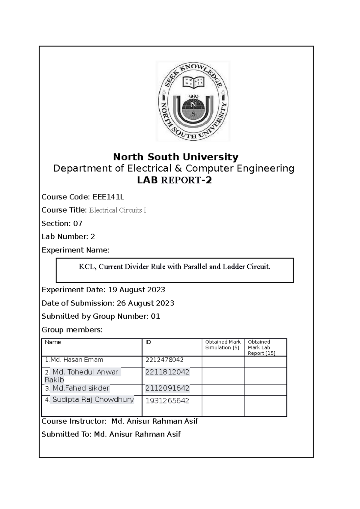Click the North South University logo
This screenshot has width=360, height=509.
pos(193,101)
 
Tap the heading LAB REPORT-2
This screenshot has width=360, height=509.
pos(174,180)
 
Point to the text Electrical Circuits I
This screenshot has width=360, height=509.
pos(118,210)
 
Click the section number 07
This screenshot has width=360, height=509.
pos(78,223)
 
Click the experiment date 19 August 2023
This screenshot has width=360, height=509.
pos(136,290)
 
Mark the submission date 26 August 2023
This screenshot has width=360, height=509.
pos(145,303)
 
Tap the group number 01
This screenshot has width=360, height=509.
pos(155,316)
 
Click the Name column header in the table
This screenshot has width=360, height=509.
pos(53,342)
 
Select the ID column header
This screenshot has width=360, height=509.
pos(148,342)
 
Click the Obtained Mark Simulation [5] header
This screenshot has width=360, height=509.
pos(223,345)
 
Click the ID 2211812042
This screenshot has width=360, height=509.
pos(167,372)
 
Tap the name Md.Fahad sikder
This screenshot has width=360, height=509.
pos(81,388)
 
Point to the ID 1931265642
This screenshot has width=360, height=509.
pos(167,401)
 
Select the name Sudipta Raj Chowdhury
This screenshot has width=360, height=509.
pos(93,400)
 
